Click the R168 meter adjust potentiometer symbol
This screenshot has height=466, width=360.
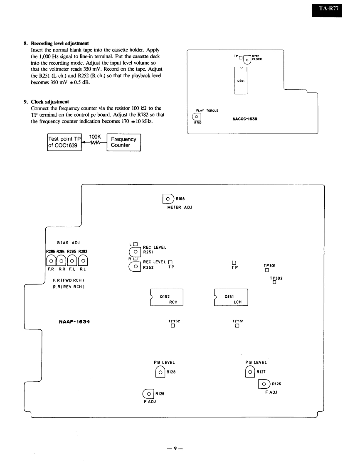(168, 199)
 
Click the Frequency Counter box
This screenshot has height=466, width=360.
(123, 142)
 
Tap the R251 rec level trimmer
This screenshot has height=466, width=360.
(135, 252)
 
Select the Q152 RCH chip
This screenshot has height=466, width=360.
(166, 297)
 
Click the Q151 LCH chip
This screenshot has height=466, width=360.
(231, 297)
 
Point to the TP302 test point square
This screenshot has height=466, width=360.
(275, 283)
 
